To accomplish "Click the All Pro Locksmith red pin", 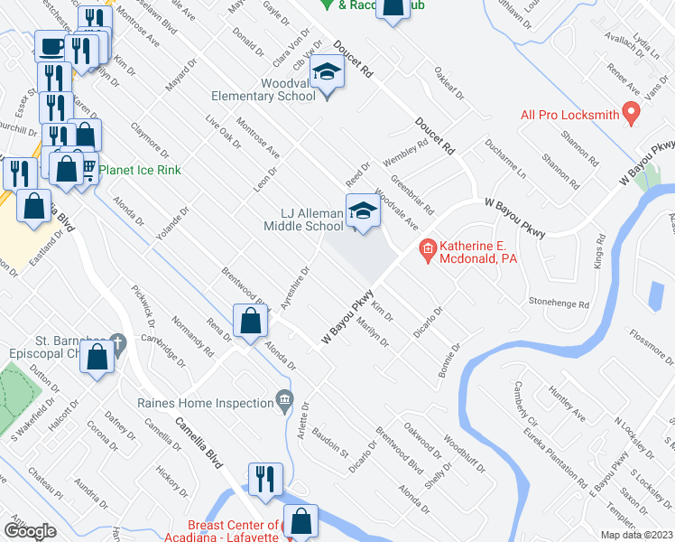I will point(632,114).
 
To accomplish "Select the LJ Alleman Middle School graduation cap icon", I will point(362,211).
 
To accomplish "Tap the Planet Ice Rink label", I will point(140,170).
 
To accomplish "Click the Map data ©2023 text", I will point(637,535).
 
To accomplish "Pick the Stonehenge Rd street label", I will point(559,304).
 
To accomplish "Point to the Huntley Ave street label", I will point(566,402).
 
